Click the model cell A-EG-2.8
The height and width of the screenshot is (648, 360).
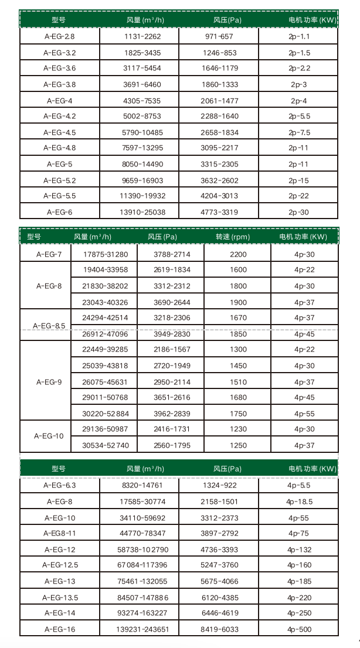click(x=59, y=36)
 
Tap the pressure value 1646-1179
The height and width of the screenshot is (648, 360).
click(x=220, y=69)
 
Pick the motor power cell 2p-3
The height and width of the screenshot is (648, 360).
click(x=299, y=84)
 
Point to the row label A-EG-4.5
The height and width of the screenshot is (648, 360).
click(x=59, y=132)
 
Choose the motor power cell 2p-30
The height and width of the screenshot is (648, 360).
click(x=299, y=212)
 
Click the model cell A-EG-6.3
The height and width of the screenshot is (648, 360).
click(x=59, y=485)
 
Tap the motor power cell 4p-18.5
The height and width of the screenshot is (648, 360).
click(x=299, y=502)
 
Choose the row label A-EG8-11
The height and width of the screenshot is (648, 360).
click(x=59, y=533)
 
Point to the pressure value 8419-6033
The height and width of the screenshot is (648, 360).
click(x=220, y=629)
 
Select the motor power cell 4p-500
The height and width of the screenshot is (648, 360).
click(x=299, y=629)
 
